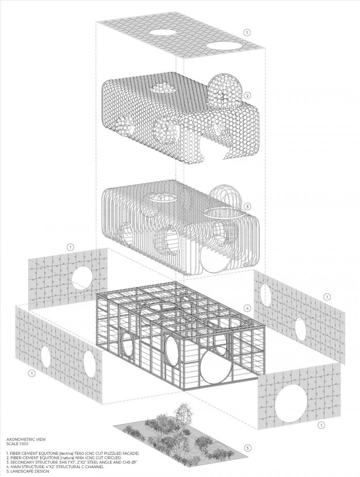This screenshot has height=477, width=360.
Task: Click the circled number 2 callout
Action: pos(247,96)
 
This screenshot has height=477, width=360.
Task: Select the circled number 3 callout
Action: pos(247,206)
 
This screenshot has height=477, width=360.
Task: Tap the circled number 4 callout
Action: pos(247,308)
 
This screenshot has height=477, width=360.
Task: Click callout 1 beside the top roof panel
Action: pos(247,32)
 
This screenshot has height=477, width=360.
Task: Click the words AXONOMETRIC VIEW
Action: pos(26,439)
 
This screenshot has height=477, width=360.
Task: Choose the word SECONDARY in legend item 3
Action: pos(21,462)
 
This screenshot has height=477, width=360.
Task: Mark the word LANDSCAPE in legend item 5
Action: pos(21,471)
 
